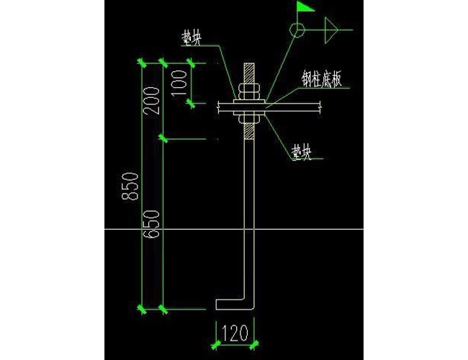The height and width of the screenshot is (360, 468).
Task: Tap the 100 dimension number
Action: (180, 84)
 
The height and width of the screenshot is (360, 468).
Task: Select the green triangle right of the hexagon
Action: (332, 30)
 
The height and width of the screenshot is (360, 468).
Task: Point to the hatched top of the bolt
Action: (248, 74)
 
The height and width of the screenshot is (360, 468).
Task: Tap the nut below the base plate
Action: (249, 117)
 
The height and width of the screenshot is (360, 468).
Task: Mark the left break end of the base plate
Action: (218, 107)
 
